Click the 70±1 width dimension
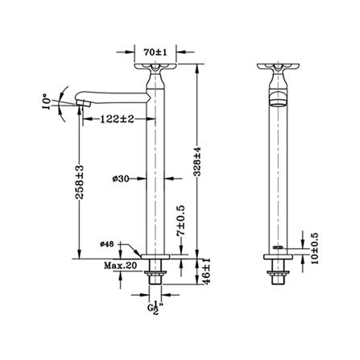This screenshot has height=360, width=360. click(155, 52)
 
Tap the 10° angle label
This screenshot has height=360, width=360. click(46, 101)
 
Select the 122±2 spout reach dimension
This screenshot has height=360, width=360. click(117, 118)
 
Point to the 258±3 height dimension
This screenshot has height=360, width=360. click(79, 182)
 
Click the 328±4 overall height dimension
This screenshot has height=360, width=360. click(197, 161)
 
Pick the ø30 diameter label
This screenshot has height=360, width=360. click(121, 179)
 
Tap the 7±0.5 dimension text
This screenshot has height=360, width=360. click(181, 220)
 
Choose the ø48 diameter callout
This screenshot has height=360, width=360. click(107, 244)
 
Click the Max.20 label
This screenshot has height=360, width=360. click(121, 266)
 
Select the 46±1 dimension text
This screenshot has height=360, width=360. click(206, 271)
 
